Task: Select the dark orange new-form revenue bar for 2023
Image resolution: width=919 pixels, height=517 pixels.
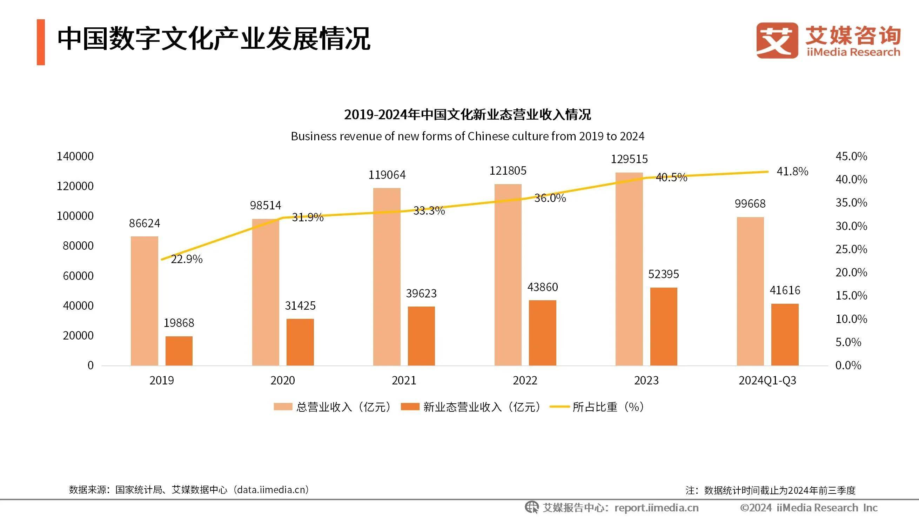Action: [x=663, y=326]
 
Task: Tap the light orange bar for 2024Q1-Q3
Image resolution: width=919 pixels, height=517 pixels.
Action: [x=750, y=291]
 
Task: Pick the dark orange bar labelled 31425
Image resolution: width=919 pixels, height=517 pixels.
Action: [x=300, y=342]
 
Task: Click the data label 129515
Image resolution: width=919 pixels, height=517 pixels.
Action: [x=629, y=159]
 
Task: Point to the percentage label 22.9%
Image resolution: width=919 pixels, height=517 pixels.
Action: [x=186, y=259]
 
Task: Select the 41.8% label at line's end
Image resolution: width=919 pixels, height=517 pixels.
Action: [x=792, y=172]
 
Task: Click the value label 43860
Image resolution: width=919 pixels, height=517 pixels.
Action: [x=542, y=287]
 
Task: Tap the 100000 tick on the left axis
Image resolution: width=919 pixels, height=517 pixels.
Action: [x=75, y=216]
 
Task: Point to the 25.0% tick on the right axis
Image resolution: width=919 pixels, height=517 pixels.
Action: [x=851, y=249]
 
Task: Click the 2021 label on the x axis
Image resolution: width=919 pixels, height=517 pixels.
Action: [x=404, y=380]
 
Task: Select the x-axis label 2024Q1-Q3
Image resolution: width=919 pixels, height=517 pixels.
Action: [x=767, y=380]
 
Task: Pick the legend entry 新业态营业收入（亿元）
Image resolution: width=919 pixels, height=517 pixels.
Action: [x=471, y=407]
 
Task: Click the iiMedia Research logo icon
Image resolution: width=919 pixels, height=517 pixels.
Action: [x=777, y=40]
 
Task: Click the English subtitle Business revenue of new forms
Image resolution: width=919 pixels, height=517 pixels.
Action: [x=467, y=136]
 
